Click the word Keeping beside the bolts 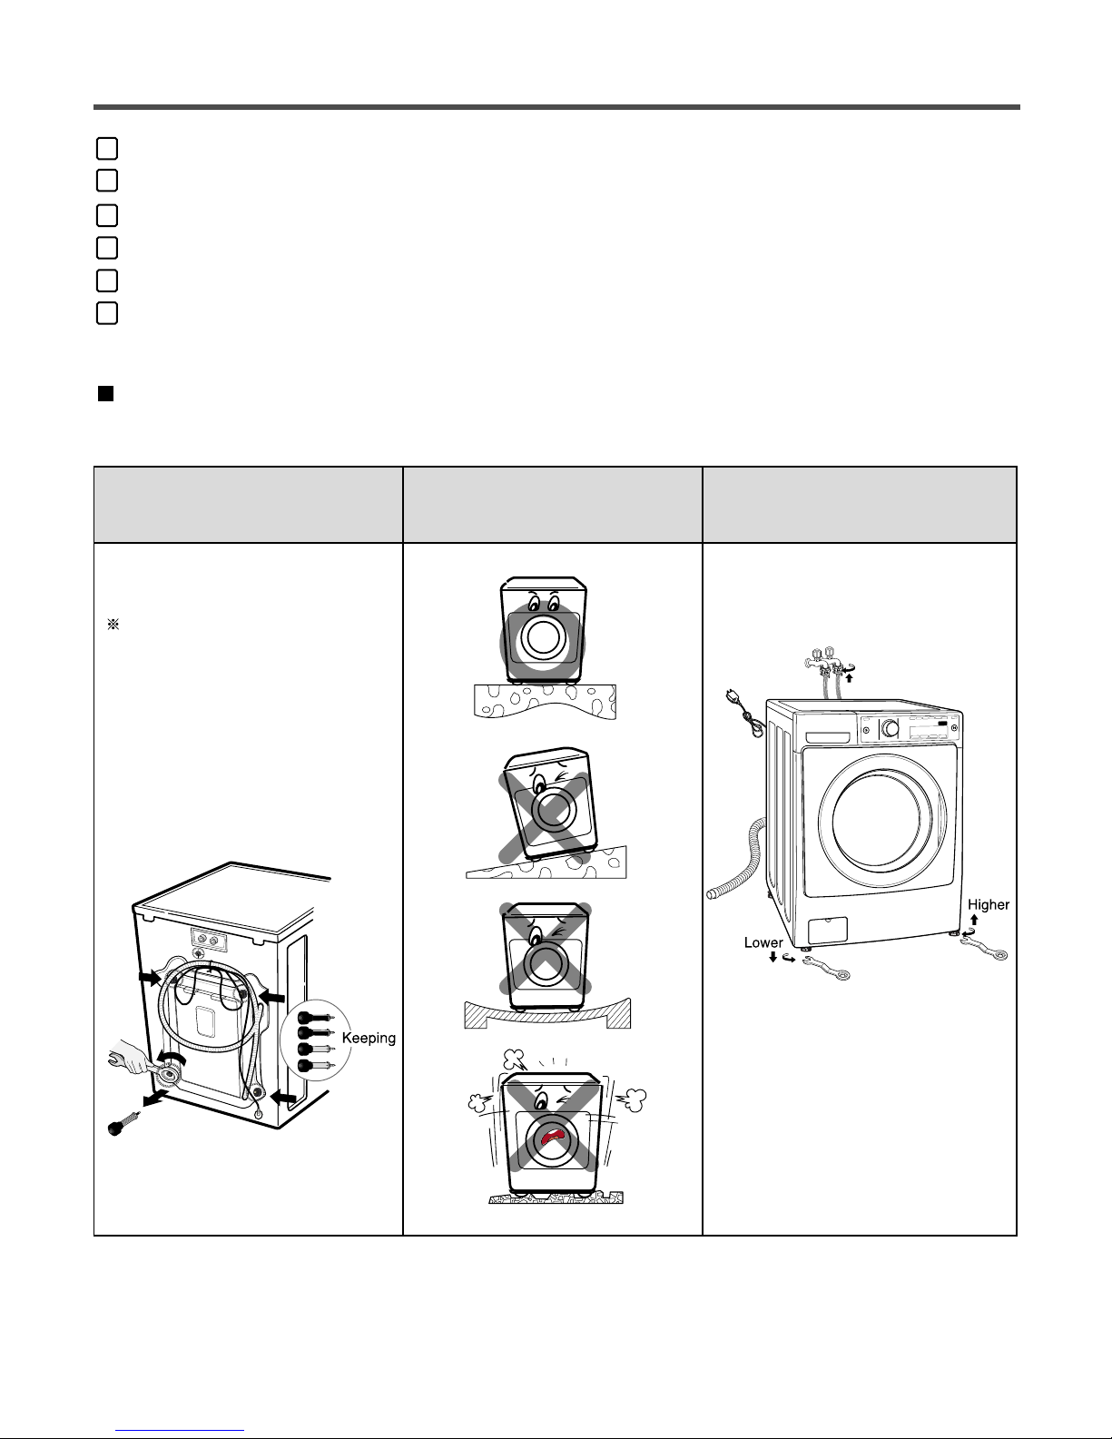(369, 1038)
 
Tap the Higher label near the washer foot (989, 904)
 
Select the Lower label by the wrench (763, 942)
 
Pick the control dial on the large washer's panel (891, 728)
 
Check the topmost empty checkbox (106, 148)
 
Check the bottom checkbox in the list (106, 313)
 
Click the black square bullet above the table (105, 395)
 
